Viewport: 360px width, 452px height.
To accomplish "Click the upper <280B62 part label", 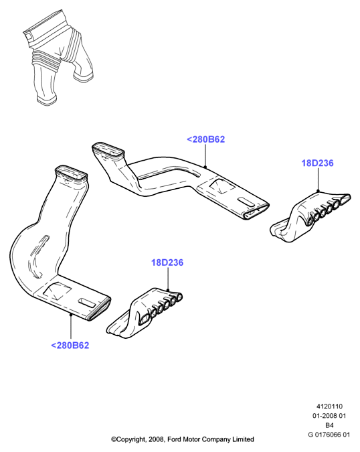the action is [x=205, y=139].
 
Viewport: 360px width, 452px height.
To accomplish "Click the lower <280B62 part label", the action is [x=70, y=345].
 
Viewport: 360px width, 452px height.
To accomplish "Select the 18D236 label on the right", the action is [x=317, y=163].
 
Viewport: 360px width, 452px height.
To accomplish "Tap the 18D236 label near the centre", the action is [x=167, y=262].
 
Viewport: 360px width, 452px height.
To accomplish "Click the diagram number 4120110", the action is [x=329, y=406].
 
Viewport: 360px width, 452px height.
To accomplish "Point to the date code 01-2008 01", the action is [x=329, y=416].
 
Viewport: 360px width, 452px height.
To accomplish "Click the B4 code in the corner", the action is [x=329, y=425].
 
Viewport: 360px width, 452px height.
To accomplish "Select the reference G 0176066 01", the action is [x=329, y=435].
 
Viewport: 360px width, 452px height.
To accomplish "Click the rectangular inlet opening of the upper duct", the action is [x=108, y=150].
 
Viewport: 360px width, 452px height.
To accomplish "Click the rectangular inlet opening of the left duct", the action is [x=71, y=174].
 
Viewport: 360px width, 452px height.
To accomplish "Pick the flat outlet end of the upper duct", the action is [x=256, y=210].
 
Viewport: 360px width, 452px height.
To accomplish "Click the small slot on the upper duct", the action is [x=246, y=201].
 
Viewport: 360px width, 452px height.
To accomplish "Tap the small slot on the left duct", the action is [x=87, y=303].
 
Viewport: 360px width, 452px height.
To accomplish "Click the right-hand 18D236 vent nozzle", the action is [x=310, y=217].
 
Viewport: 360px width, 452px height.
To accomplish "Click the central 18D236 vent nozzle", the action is [x=145, y=312].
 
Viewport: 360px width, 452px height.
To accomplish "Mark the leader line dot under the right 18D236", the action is [x=318, y=191].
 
